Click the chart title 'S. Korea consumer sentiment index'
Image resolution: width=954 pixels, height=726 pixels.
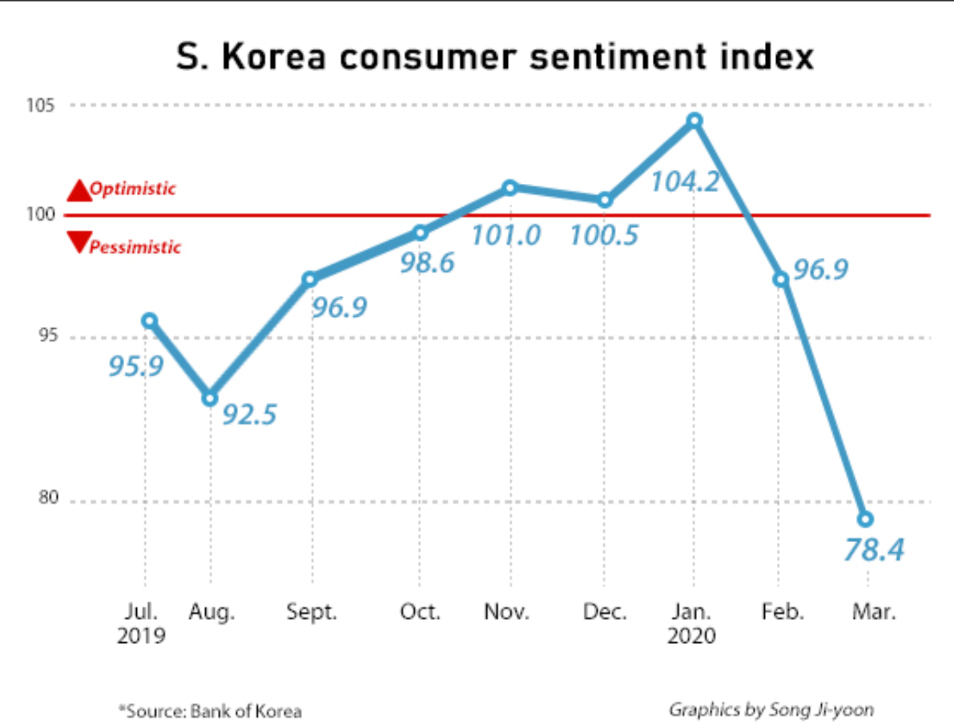494,56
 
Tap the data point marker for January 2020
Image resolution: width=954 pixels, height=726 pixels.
694,121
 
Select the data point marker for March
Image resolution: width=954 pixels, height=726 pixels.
865,519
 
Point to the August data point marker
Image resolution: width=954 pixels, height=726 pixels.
210,398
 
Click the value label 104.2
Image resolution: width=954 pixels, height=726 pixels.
684,182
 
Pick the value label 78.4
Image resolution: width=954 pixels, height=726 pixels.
873,550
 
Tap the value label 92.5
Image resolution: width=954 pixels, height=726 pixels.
249,415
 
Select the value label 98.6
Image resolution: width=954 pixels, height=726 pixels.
427,262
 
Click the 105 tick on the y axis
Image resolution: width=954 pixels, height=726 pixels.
40,105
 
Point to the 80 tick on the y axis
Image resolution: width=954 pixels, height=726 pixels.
48,497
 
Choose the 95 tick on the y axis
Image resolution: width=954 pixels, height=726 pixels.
48,335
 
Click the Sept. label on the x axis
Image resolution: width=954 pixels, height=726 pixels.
311,612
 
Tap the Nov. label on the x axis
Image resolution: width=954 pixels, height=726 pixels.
507,612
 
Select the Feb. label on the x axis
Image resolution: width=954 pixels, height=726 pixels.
782,612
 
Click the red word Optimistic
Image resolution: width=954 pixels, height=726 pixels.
133,189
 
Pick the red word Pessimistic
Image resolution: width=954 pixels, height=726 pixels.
135,247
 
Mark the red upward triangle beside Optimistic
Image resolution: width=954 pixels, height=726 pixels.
79,191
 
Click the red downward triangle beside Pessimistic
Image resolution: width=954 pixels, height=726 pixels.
79,241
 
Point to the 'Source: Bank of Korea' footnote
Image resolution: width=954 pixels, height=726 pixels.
211,711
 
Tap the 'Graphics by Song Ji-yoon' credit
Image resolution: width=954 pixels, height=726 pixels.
771,709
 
